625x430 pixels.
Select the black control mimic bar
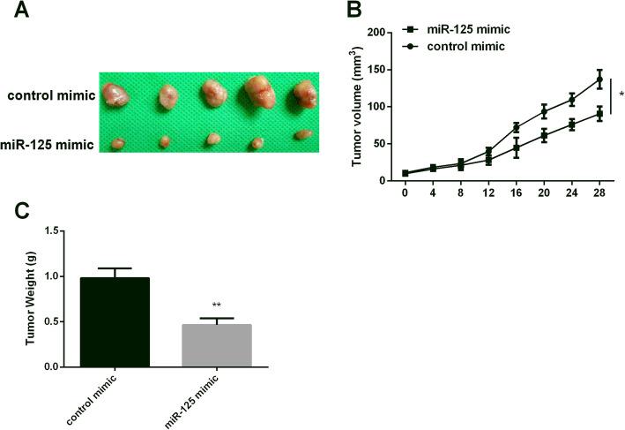[x=115, y=321]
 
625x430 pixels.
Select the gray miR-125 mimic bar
[x=216, y=345]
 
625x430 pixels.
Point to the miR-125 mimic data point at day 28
[x=599, y=114]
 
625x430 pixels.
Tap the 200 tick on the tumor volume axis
[x=380, y=33]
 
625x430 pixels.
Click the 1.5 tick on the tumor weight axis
[x=56, y=231]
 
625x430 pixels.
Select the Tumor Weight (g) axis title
[x=31, y=298]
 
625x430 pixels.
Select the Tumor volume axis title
[x=358, y=105]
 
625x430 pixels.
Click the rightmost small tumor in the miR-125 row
[x=301, y=135]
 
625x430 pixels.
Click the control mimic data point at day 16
[x=516, y=127]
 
